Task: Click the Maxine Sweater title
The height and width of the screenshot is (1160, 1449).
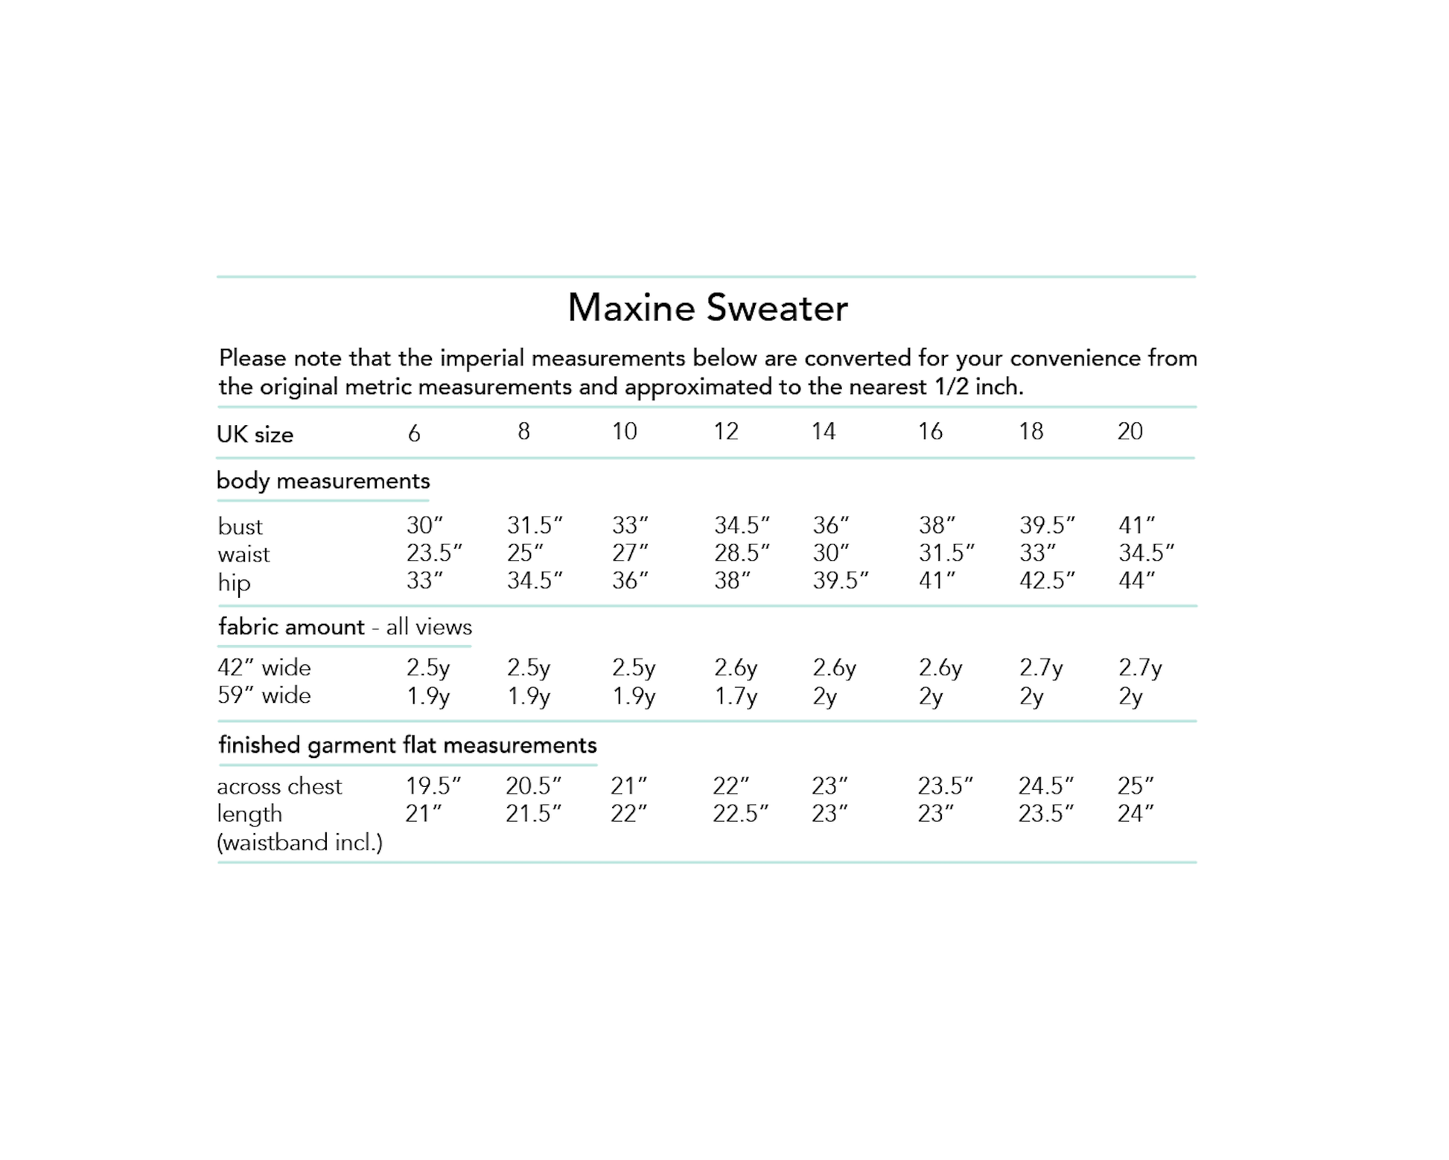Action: coord(707,308)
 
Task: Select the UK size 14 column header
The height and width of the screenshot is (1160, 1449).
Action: coord(823,431)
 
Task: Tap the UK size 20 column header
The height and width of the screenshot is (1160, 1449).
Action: coord(1130,431)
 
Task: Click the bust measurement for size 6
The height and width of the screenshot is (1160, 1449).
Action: coord(424,526)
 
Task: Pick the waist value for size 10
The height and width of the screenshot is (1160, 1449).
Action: coord(629,553)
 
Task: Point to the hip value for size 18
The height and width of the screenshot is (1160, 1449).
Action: coord(1046,581)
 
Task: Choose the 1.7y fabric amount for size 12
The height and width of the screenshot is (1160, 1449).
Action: coord(735,697)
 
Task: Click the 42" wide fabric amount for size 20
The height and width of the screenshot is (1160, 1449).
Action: coord(1139,668)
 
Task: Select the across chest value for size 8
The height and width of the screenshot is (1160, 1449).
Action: coord(533,786)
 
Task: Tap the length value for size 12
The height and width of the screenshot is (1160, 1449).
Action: coord(739,814)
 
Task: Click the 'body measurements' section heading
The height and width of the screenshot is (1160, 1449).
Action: coord(323,481)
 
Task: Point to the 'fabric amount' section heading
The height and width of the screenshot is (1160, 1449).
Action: coord(291,627)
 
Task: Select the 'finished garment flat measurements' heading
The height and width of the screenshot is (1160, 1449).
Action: coord(407,745)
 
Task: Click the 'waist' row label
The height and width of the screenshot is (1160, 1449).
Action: coord(243,555)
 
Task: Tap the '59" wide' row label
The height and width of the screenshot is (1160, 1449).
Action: coord(264,695)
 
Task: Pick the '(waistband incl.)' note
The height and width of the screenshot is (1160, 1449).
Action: coord(299,843)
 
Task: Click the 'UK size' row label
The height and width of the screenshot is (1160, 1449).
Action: coord(255,435)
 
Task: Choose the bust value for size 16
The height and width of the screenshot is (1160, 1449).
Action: coord(936,526)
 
